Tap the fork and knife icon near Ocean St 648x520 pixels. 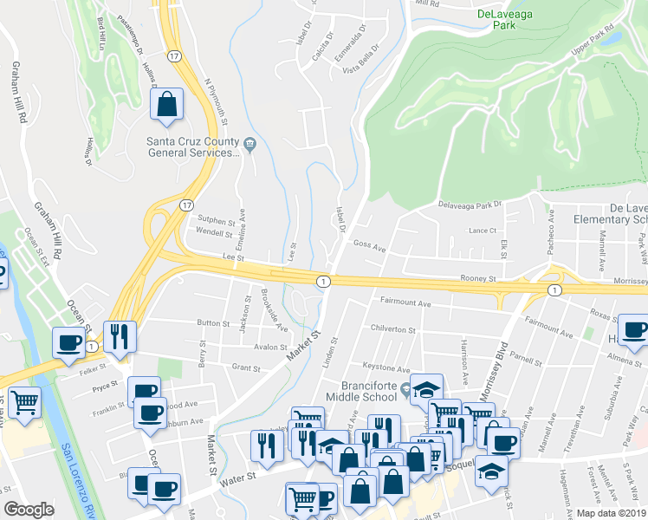(x=120, y=338)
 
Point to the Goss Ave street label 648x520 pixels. (x=368, y=245)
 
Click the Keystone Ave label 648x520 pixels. (x=386, y=368)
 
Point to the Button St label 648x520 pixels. (x=212, y=322)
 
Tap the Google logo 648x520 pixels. (x=29, y=510)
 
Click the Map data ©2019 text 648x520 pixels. (x=612, y=513)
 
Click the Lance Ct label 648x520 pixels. (x=481, y=231)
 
